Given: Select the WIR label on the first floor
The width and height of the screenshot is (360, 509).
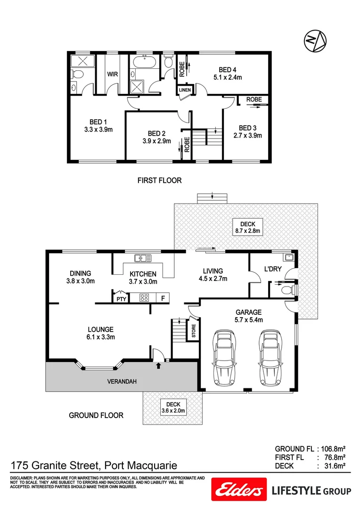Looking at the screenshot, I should [x=112, y=74].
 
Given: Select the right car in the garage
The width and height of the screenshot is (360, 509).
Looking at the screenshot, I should [x=268, y=357].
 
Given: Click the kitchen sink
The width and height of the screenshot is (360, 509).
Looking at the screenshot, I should [x=143, y=258].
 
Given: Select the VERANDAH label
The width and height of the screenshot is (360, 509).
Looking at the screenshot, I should [x=121, y=382].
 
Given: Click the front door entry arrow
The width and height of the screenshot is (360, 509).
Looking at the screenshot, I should [x=158, y=364].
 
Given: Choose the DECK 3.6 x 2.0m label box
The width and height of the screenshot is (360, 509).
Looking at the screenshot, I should [x=173, y=407].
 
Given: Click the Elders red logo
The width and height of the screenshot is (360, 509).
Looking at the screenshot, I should [x=239, y=491].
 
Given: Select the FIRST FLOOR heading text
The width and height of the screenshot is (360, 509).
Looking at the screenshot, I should [x=159, y=180].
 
